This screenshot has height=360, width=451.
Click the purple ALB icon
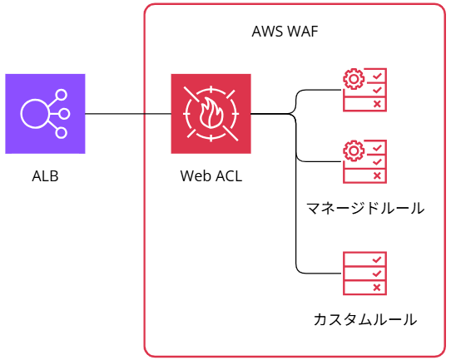[45, 114]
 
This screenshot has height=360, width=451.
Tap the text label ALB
[45, 176]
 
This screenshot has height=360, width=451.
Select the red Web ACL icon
[211, 114]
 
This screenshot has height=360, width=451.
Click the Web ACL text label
[211, 176]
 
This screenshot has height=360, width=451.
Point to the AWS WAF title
[285, 32]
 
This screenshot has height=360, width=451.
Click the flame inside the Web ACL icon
[211, 115]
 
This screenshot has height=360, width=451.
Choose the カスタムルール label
[364, 319]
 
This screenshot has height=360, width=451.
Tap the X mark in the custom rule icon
[378, 287]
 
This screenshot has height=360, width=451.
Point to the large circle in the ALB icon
[35, 114]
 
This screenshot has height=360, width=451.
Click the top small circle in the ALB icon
[61, 95]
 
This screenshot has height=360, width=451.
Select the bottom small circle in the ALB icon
[61, 133]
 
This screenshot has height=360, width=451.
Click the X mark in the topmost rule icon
[378, 104]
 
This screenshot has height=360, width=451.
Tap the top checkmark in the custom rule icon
[378, 259]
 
